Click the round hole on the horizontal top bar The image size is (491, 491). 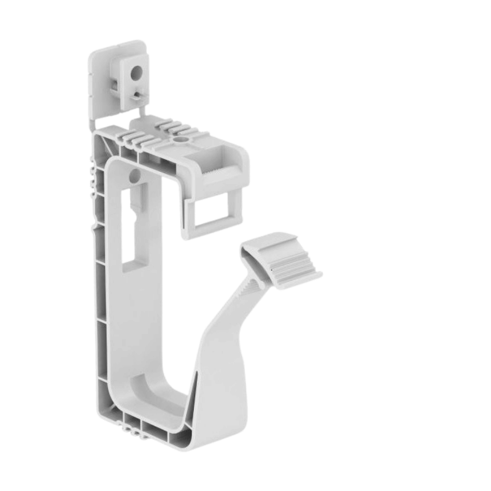[x=182, y=141]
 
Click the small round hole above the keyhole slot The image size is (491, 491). [x=134, y=177]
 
